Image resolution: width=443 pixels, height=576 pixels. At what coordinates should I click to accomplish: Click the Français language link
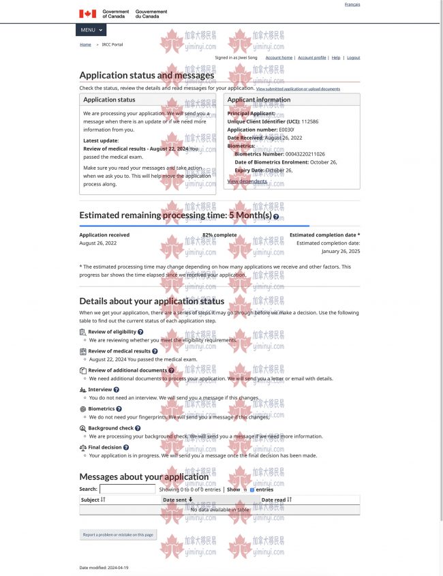[352, 5]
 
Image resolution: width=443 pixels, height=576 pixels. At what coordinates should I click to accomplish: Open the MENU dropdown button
[91, 30]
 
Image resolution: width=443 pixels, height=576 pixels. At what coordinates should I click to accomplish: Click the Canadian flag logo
[87, 14]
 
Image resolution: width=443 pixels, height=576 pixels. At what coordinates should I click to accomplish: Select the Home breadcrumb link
[85, 44]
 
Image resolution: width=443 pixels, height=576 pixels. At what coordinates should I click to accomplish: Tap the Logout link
[353, 58]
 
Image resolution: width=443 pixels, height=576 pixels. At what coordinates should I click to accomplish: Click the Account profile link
[311, 58]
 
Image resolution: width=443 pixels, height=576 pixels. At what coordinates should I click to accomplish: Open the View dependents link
[247, 181]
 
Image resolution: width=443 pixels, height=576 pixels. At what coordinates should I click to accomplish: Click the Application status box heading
[109, 100]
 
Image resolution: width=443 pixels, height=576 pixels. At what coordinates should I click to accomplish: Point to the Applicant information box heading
[258, 100]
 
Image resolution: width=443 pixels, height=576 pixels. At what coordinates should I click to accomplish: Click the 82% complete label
[219, 235]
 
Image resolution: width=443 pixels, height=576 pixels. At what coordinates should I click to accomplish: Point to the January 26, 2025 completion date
[341, 251]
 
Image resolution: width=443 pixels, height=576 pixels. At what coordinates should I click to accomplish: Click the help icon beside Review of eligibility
[140, 332]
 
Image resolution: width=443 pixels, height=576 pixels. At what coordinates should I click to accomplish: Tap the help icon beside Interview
[117, 390]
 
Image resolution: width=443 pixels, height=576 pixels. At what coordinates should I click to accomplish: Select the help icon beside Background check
[138, 429]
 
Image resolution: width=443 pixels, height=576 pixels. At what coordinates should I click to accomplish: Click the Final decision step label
[104, 448]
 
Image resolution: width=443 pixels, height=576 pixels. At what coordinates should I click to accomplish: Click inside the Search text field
[127, 489]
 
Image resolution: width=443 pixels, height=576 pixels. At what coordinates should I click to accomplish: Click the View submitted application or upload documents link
[298, 89]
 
